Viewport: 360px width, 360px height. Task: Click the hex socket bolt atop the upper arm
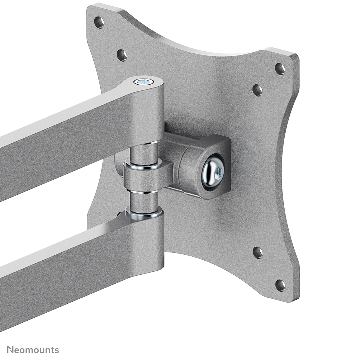144,82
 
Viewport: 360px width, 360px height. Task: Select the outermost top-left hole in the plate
99,22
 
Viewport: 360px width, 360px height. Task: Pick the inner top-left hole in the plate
122,55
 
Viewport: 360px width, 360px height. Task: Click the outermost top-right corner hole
280,68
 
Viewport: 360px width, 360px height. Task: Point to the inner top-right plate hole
257,90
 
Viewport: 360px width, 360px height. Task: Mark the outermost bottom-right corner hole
280,285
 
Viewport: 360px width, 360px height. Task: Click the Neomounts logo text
33,350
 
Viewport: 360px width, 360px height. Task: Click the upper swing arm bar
72,133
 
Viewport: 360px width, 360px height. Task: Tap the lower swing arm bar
72,265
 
